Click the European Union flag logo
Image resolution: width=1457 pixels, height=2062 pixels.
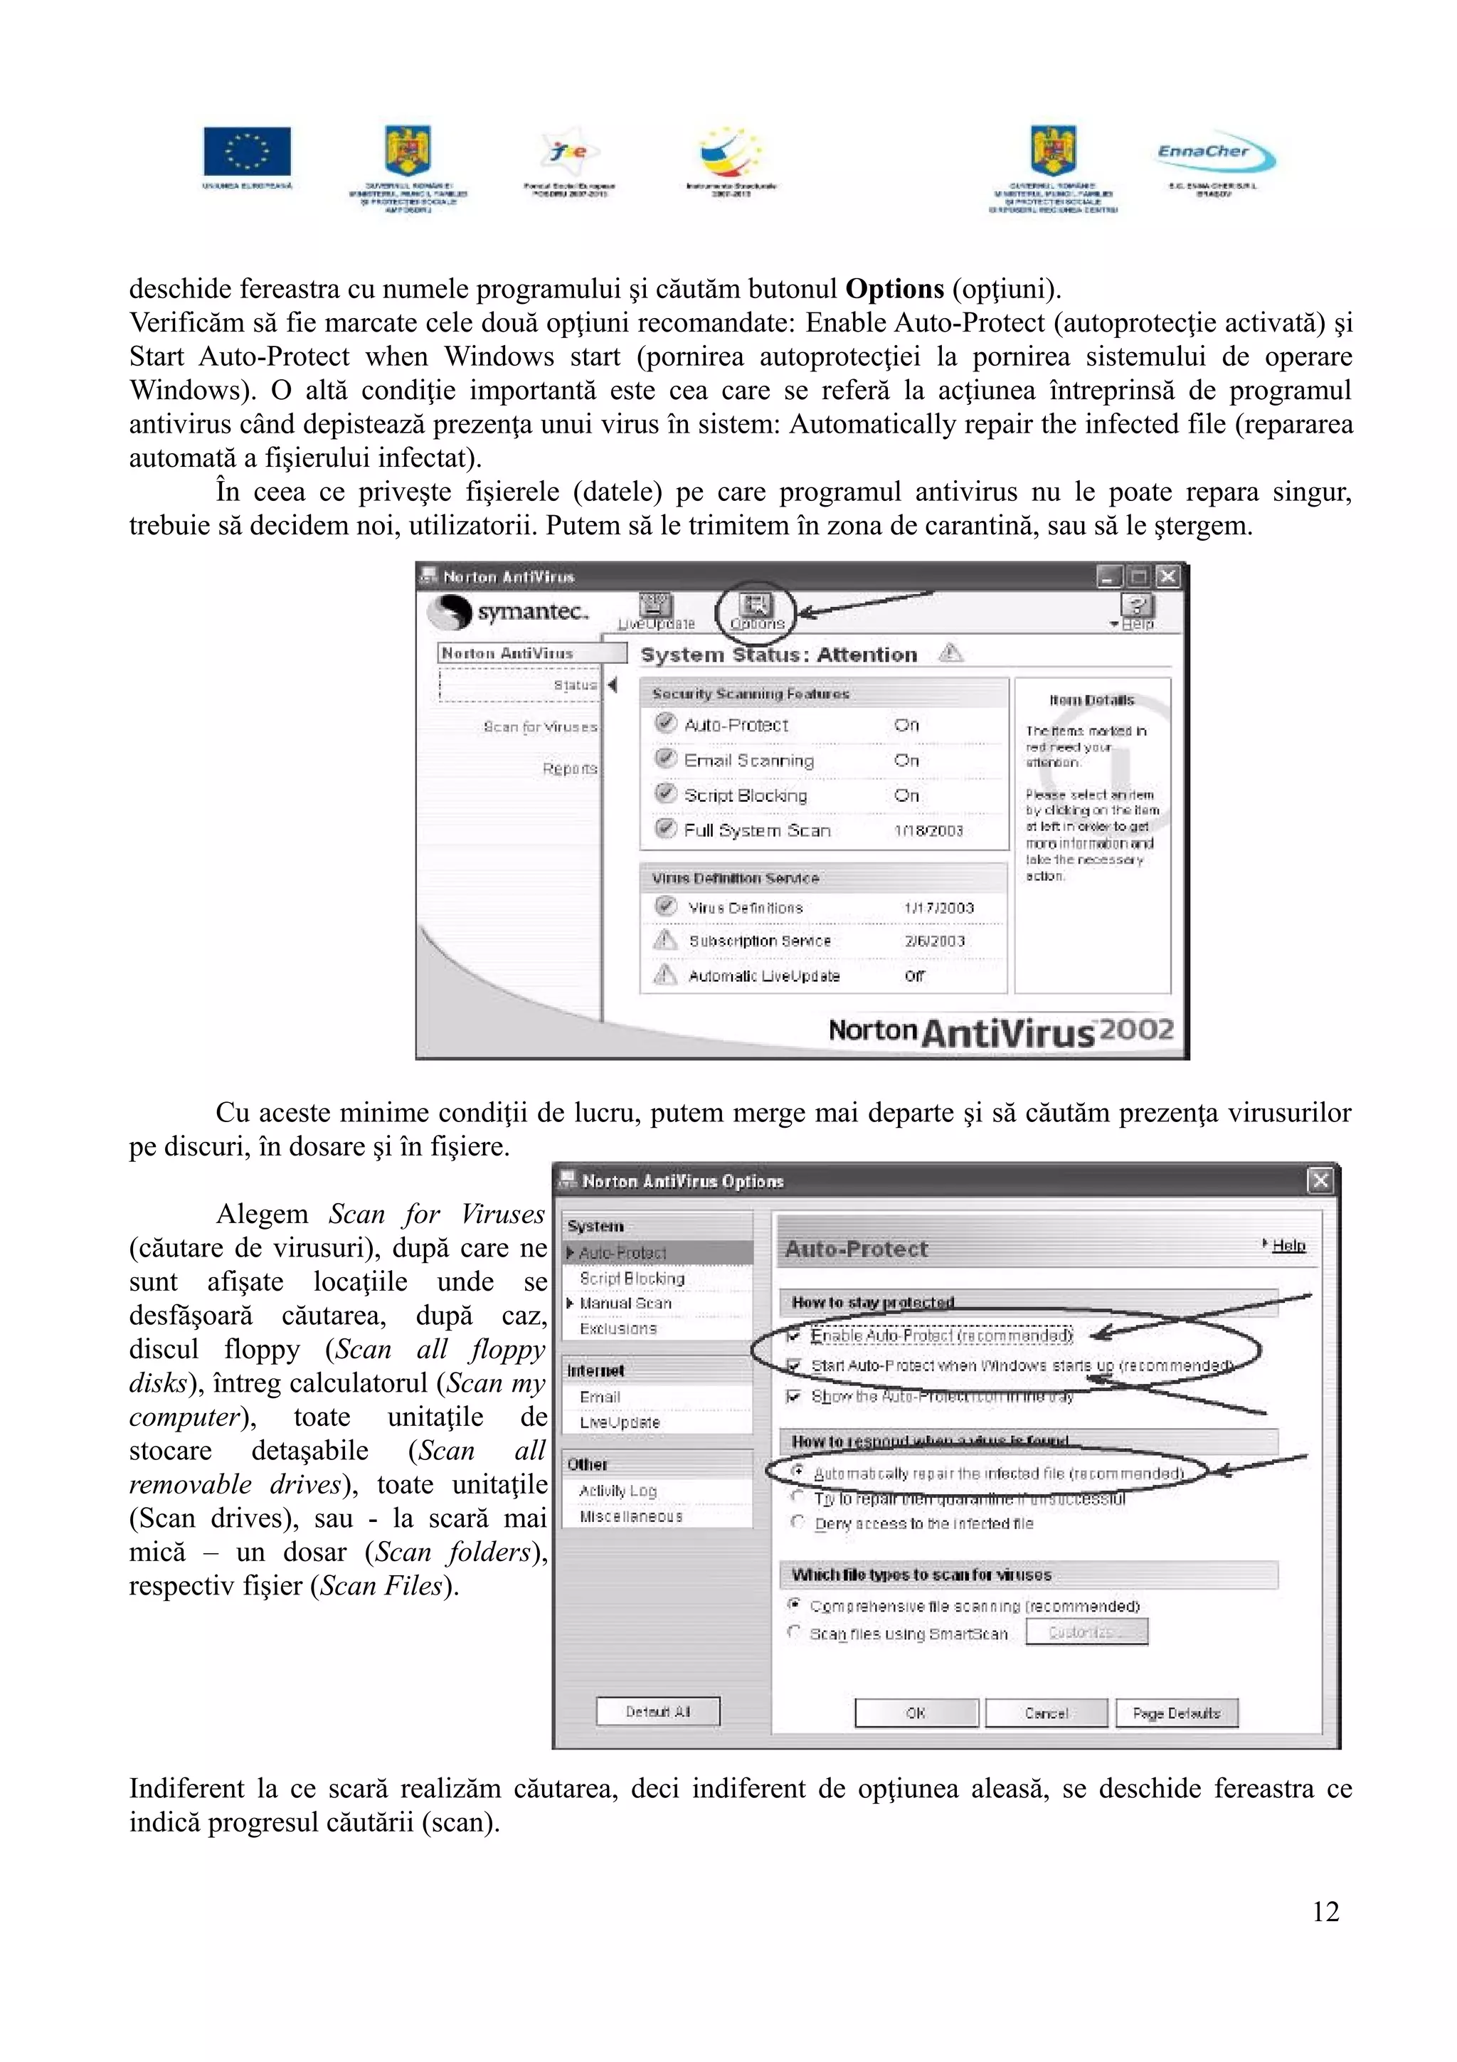(x=247, y=151)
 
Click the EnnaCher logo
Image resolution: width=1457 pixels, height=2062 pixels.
(x=1214, y=155)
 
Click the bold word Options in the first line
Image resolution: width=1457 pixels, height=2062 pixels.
(x=894, y=289)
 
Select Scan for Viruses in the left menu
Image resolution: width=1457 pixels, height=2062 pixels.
(x=539, y=726)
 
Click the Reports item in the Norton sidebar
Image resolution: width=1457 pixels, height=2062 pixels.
(x=569, y=768)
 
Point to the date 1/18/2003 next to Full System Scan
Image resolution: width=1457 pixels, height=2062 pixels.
(x=928, y=831)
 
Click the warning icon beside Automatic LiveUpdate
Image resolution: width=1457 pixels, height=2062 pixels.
(x=664, y=974)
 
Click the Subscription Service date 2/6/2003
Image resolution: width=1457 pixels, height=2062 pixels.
(x=935, y=941)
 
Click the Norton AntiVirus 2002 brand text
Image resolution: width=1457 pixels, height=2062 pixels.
(x=1000, y=1031)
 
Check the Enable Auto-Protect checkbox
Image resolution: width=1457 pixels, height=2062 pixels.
(x=793, y=1336)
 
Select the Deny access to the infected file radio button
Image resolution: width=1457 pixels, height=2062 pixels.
(x=796, y=1522)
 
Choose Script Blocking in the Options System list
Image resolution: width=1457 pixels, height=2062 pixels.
(x=631, y=1278)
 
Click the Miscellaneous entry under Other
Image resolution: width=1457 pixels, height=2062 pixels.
(x=630, y=1516)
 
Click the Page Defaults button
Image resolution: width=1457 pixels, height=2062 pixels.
(x=1175, y=1713)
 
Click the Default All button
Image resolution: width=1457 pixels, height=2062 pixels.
(x=658, y=1712)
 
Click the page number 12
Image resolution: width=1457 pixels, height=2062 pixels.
(x=1325, y=1911)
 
